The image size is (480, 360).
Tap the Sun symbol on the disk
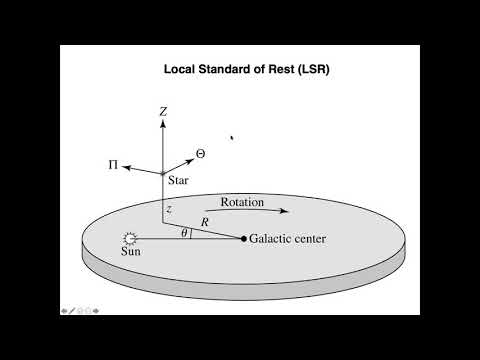[130, 239]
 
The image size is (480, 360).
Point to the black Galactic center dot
[244, 238]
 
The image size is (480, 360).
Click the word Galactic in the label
[274, 238]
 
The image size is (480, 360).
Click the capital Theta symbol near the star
[200, 154]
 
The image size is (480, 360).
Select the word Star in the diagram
[179, 184]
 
